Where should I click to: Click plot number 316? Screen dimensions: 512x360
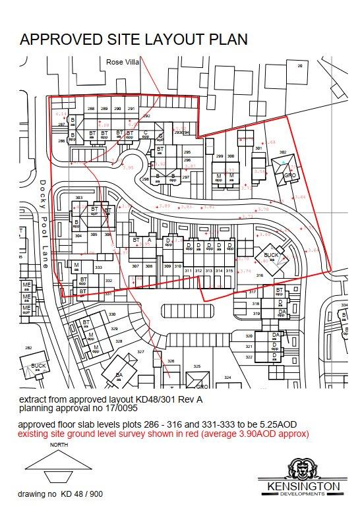260,275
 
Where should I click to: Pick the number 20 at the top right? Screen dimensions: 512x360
300,66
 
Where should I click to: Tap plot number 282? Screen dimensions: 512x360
28,347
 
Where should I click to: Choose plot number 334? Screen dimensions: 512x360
344,306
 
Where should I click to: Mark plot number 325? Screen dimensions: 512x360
196,366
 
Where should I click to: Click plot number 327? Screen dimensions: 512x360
140,353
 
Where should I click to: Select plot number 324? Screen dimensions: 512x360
227,378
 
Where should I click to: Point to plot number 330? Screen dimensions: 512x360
112,315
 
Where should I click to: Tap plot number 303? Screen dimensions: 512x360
78,198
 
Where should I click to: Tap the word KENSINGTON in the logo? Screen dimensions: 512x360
304,487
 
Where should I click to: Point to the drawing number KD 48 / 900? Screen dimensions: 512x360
79,494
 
